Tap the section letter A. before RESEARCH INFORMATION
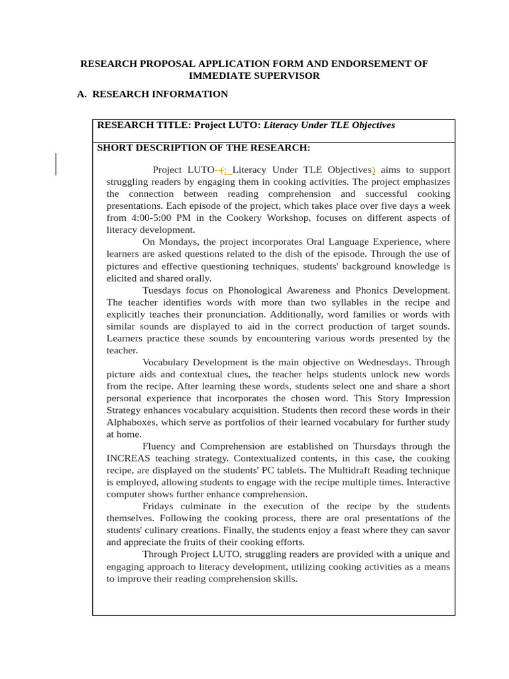click(x=82, y=94)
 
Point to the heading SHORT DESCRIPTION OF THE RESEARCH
click(x=203, y=148)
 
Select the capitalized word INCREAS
click(x=130, y=458)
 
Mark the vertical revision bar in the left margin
click(x=56, y=164)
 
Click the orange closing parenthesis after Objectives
click(x=374, y=170)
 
